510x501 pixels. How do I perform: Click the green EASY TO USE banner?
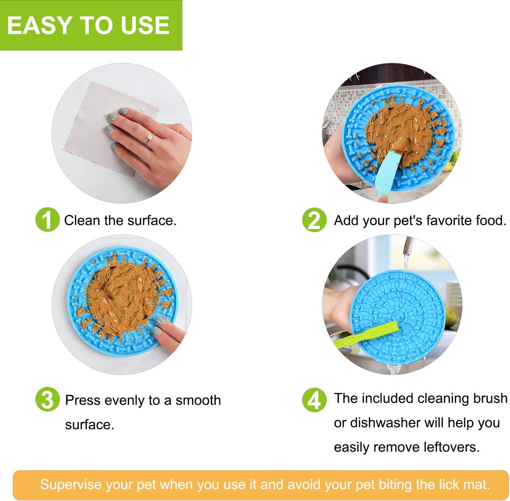pos(91,25)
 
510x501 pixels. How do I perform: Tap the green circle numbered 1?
pos(47,220)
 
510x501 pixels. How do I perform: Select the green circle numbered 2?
pos(314,220)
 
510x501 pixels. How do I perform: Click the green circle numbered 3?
pos(47,400)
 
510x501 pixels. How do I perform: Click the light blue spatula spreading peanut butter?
pos(389,168)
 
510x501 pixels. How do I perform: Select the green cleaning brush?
pos(365,334)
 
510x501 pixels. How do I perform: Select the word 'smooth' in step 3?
pos(198,400)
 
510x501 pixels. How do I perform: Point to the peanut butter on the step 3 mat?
pos(122,294)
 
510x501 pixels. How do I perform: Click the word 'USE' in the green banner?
pos(145,25)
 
